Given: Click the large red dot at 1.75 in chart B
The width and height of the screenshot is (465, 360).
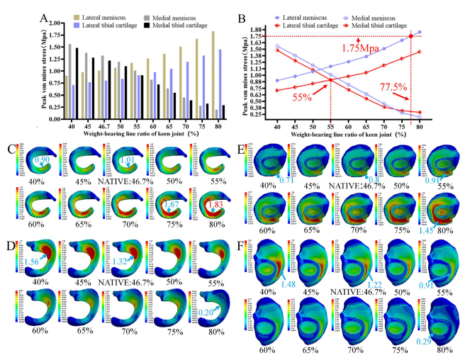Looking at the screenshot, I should click(x=412, y=36).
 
